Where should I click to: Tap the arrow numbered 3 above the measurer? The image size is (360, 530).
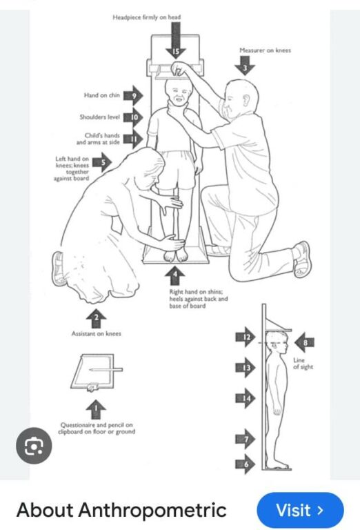click(245, 66)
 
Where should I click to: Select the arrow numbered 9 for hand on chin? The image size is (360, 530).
click(133, 95)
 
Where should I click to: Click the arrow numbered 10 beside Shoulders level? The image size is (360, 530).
click(133, 117)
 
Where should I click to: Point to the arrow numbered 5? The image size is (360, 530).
click(102, 162)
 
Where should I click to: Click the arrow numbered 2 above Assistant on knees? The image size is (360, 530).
click(97, 318)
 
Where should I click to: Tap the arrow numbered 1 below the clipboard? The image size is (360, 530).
click(96, 409)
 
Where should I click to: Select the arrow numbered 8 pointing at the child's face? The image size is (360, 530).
click(304, 342)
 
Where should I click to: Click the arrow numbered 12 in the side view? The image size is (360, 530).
click(246, 337)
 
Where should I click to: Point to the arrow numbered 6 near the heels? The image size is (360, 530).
click(246, 464)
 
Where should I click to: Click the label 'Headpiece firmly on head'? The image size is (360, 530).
click(147, 17)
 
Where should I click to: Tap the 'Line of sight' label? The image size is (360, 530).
click(303, 364)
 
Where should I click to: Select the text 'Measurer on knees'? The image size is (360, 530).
click(265, 50)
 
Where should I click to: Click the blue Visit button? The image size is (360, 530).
click(300, 510)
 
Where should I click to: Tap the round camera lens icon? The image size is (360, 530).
click(34, 446)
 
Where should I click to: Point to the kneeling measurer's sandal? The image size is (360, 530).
click(301, 259)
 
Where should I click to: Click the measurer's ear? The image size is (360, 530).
click(246, 100)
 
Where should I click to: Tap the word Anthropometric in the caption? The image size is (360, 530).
click(152, 511)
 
